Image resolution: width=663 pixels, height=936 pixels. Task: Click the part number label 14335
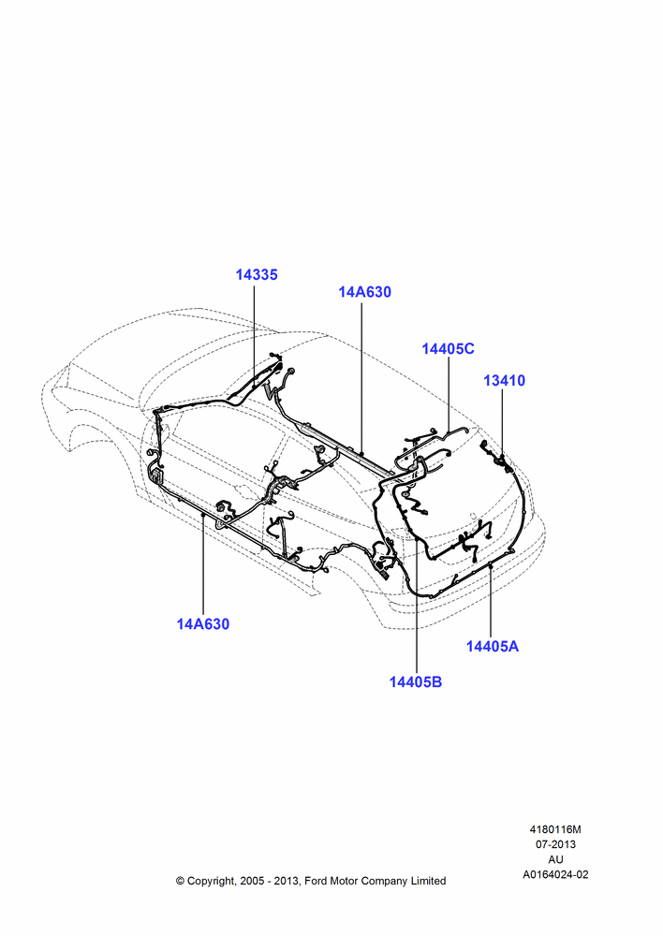[257, 274]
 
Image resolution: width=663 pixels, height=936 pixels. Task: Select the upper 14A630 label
[364, 292]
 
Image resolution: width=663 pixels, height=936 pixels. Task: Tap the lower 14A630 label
[202, 623]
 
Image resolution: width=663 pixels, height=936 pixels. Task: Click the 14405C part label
[448, 348]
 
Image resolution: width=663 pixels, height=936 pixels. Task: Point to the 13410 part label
[504, 380]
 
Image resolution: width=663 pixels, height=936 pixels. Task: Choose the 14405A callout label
[493, 646]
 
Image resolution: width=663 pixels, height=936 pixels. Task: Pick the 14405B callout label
[416, 681]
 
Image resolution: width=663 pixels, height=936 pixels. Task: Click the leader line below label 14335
[255, 334]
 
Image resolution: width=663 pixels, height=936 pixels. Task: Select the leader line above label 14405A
[491, 601]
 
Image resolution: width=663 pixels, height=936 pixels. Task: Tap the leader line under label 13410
[502, 424]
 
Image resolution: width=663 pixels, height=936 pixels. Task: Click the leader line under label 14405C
[449, 395]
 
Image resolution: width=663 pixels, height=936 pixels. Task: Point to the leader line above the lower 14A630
[203, 564]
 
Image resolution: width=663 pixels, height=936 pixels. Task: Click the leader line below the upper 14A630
[361, 378]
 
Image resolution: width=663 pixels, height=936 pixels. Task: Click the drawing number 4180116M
[555, 829]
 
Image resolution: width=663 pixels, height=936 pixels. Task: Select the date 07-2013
[555, 844]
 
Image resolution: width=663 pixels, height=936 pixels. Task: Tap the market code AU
[555, 859]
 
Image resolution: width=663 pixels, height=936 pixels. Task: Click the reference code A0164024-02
[555, 874]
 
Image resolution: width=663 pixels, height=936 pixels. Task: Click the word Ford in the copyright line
[317, 881]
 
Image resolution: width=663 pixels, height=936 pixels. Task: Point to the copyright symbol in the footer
[180, 881]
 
